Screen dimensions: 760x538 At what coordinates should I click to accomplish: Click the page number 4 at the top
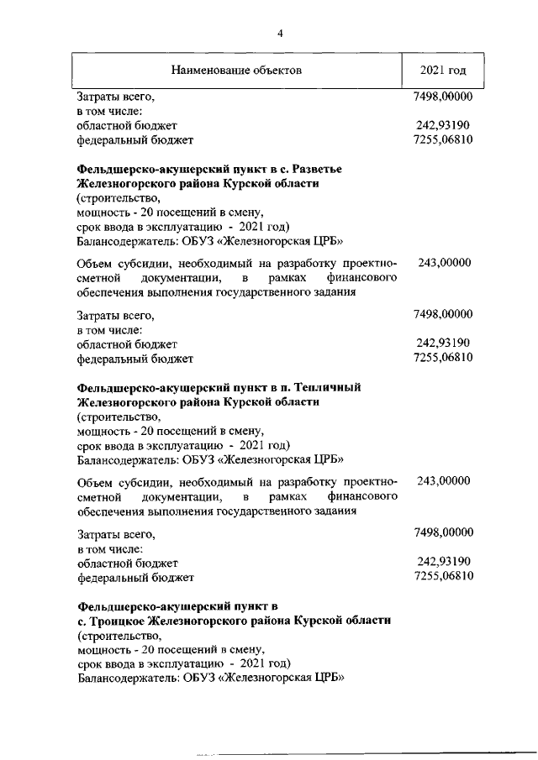pos(281,33)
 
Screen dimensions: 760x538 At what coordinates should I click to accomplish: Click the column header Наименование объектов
pos(236,69)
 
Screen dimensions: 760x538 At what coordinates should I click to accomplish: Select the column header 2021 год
pos(442,69)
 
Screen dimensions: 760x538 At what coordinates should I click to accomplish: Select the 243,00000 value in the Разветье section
pos(443,263)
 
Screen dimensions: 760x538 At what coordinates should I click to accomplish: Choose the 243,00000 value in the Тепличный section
pos(443,481)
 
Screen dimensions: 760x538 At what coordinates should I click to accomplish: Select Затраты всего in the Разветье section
pos(116,315)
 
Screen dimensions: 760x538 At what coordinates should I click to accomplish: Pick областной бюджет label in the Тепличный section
pos(127,562)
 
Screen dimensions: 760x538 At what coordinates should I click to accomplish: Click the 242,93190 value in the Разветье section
pos(442,343)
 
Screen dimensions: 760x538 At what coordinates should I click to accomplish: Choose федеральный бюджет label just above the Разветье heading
pos(134,139)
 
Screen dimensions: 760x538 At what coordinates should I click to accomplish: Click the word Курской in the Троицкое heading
pos(319,620)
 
